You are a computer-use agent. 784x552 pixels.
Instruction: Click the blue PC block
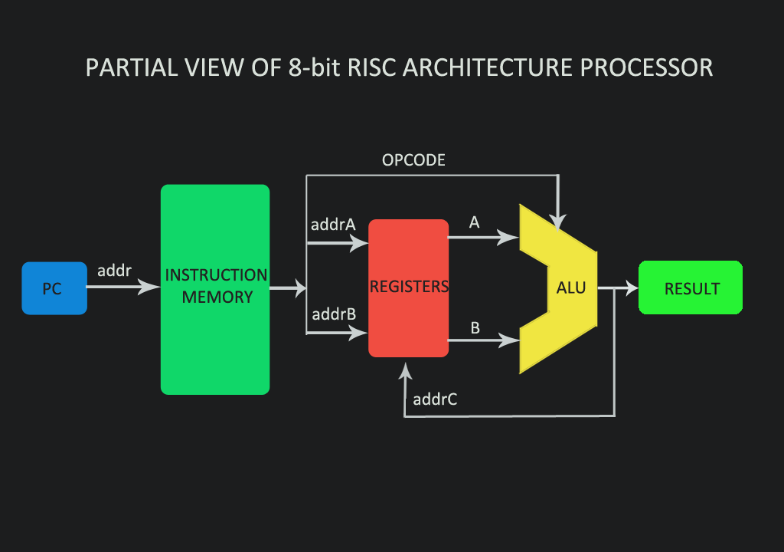pos(54,288)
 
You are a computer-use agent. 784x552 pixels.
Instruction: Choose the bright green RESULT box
pos(691,288)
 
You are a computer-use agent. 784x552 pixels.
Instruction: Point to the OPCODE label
pos(413,160)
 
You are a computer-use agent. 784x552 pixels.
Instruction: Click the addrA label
pos(333,225)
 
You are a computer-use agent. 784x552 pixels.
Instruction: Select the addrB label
pos(333,314)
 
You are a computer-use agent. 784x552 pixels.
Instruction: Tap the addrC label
pos(435,399)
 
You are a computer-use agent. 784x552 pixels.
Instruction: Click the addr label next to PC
pos(114,271)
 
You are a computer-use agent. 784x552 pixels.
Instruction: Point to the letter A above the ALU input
pos(474,222)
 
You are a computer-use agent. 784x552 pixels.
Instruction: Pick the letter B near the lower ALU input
pos(475,328)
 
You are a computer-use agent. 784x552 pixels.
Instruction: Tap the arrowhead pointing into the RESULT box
pos(630,288)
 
